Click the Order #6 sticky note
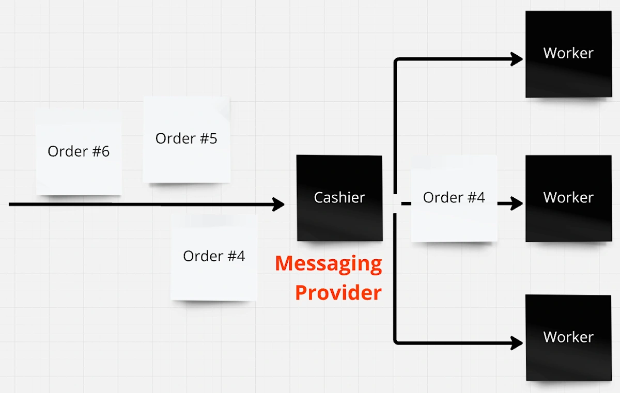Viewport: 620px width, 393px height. tap(79, 152)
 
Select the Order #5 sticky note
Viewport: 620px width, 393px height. tap(187, 139)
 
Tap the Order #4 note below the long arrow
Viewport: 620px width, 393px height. tap(214, 257)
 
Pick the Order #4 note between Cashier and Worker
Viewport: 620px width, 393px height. tap(454, 198)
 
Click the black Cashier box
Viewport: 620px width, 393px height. tap(339, 198)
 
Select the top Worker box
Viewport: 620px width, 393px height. tap(568, 54)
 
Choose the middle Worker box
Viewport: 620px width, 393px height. tap(568, 198)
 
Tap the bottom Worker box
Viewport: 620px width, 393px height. tap(568, 337)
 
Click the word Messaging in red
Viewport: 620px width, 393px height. tap(329, 264)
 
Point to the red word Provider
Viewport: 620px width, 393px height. tap(338, 293)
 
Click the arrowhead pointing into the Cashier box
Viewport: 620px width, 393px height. tap(280, 205)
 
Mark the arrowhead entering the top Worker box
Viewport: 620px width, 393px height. tap(517, 59)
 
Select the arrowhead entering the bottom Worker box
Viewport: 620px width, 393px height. tap(517, 342)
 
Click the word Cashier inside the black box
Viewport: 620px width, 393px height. tap(339, 198)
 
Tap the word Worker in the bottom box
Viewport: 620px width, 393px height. tap(568, 337)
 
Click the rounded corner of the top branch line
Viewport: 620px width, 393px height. tap(397, 61)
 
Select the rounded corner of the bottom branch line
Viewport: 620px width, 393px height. tap(397, 340)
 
